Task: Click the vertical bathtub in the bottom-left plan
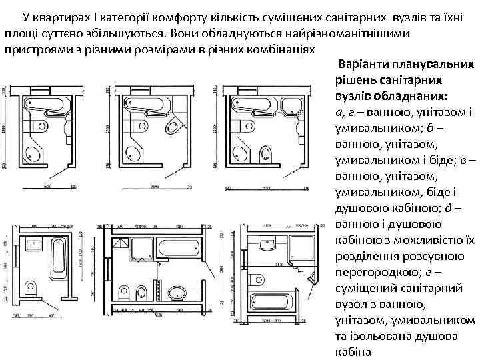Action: pyautogui.click(x=59, y=257)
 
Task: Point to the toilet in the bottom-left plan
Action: pyautogui.click(x=31, y=288)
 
